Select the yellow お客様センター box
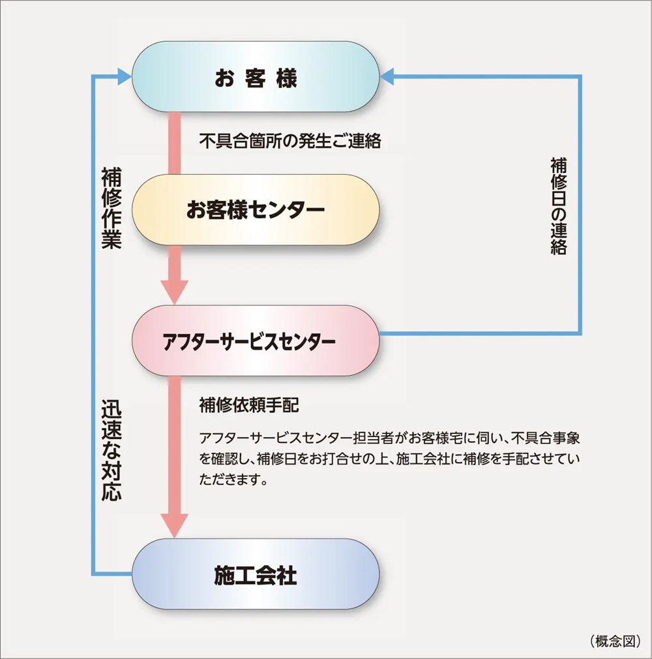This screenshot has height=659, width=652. (256, 209)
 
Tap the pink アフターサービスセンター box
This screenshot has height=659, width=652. (256, 341)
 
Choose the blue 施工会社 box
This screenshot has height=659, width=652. (256, 575)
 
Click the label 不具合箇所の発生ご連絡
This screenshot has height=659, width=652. (289, 141)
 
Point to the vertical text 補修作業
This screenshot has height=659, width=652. (111, 209)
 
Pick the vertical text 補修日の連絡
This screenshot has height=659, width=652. (558, 206)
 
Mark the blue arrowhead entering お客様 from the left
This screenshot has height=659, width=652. (124, 78)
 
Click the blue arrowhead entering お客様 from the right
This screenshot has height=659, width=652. (387, 77)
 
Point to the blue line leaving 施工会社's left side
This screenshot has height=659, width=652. (112, 574)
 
